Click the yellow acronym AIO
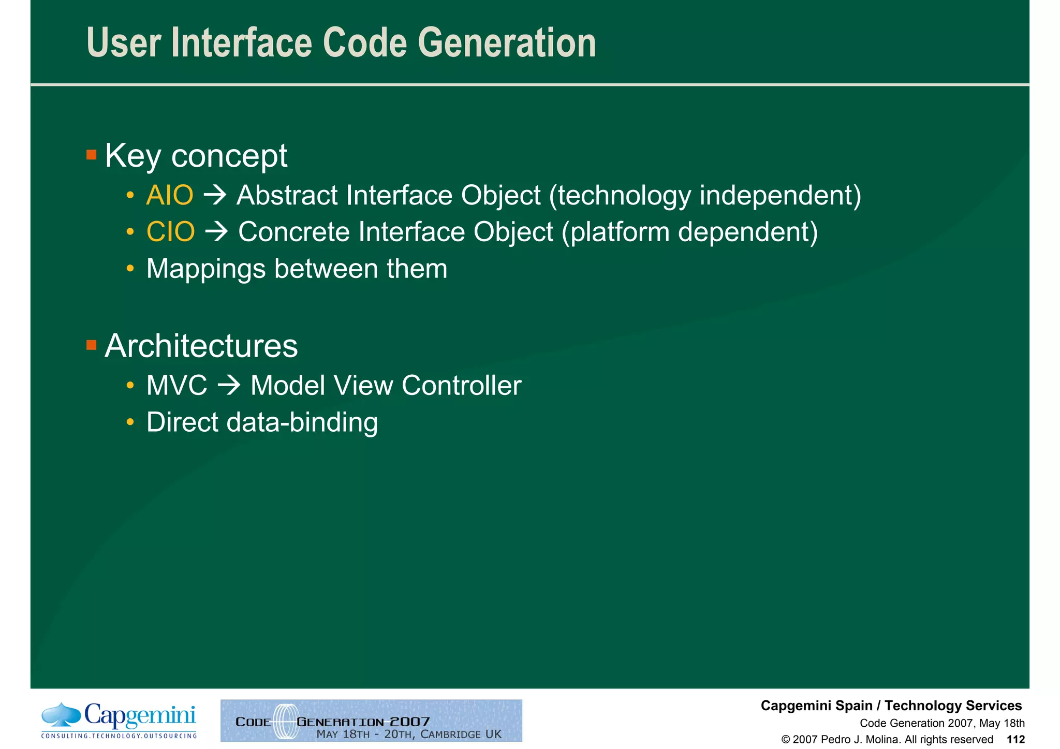[170, 196]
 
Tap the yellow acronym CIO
[171, 232]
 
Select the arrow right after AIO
[215, 196]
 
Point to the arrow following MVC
[229, 386]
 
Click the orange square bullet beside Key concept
[92, 155]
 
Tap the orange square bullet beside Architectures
[92, 345]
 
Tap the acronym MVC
[176, 386]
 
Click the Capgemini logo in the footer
[119, 720]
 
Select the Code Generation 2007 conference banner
[371, 721]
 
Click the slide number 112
[1015, 740]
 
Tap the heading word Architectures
[201, 346]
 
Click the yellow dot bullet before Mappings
[130, 269]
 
